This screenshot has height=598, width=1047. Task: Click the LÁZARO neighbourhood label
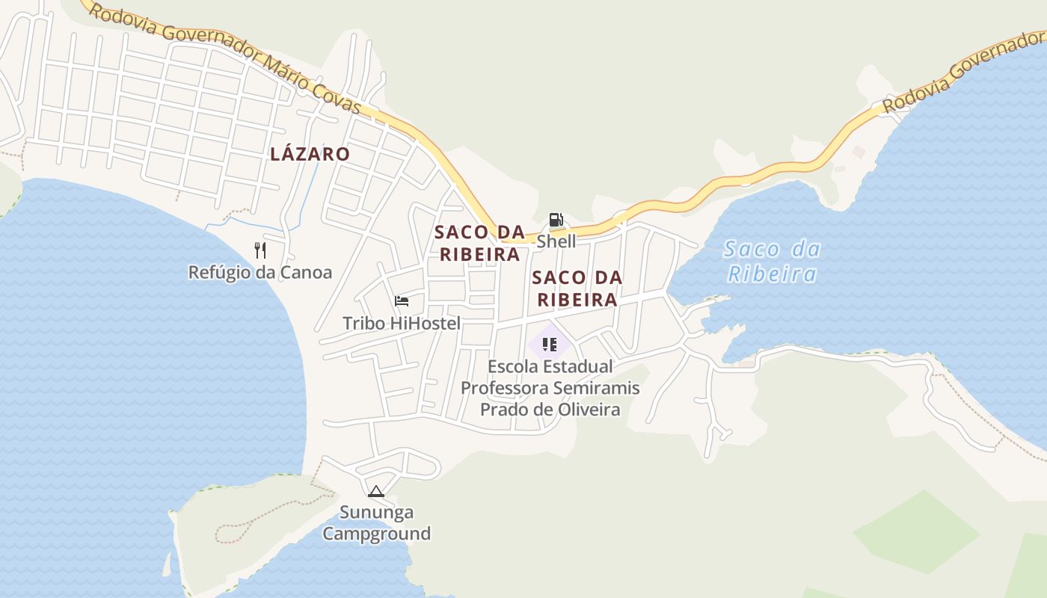[x=310, y=155]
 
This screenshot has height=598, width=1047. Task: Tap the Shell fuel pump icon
[x=556, y=220]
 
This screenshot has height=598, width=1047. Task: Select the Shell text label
[x=556, y=241]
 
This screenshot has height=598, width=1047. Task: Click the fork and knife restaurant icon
[x=260, y=250]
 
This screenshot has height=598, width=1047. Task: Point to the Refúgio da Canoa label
[x=260, y=272]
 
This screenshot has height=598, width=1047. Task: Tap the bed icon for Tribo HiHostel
[x=402, y=301]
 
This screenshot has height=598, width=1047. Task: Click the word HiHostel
[x=424, y=323]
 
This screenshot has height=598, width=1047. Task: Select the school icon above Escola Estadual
[x=550, y=345]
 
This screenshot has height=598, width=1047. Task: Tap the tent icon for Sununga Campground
[x=375, y=491]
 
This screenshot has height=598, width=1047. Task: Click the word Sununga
[x=376, y=513]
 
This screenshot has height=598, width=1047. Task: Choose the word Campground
[x=376, y=534]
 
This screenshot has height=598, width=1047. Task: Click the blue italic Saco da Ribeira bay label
[x=772, y=261]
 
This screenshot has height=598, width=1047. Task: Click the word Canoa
[x=306, y=272]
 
